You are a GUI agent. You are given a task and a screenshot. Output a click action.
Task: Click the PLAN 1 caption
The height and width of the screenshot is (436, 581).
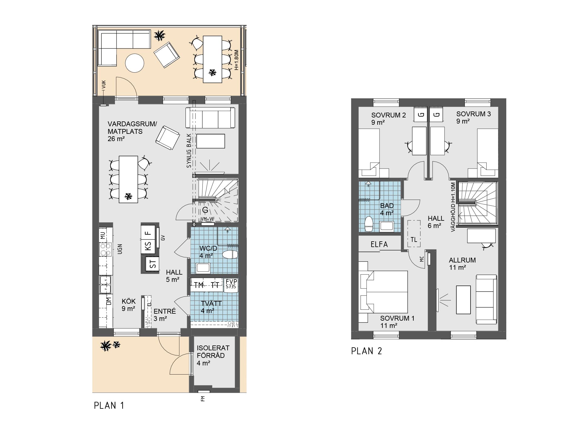point(109,405)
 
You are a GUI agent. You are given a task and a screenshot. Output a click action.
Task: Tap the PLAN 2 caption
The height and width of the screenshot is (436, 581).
point(366,351)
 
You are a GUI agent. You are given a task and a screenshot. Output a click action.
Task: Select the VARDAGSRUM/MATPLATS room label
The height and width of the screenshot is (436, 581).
point(132,131)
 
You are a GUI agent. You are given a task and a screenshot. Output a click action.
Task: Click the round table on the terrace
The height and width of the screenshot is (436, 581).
point(135,63)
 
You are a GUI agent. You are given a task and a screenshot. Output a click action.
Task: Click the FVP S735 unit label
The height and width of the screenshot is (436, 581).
point(231,284)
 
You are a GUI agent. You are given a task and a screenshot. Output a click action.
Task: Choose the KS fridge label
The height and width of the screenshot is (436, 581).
point(148,247)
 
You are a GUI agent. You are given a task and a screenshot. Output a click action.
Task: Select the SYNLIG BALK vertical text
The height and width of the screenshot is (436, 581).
point(189,150)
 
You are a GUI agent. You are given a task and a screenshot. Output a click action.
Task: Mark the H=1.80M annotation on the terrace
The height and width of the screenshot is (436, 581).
point(237,60)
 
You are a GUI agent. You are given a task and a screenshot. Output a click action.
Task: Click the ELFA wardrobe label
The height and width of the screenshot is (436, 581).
point(379,244)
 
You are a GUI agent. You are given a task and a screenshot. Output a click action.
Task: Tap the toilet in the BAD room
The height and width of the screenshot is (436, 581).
point(369,224)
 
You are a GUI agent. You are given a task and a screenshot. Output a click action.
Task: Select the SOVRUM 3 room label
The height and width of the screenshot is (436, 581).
point(474,114)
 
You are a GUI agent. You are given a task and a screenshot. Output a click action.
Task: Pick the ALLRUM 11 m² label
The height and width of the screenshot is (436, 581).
point(462,264)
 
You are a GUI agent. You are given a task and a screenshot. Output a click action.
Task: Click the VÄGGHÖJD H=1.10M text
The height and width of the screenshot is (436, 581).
point(453,207)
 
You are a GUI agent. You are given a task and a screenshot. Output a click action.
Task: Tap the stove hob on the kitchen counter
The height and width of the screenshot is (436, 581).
point(106,249)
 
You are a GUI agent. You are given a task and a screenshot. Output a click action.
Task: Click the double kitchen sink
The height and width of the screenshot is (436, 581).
point(105,284)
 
